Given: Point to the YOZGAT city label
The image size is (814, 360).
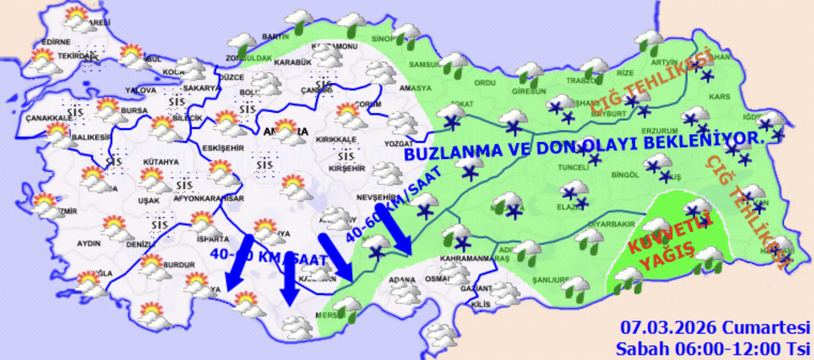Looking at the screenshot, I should pyautogui.click(x=399, y=144).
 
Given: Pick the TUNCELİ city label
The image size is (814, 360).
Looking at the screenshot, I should pyautogui.click(x=574, y=168).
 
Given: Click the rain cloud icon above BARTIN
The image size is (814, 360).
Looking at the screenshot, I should pyautogui.click(x=298, y=21).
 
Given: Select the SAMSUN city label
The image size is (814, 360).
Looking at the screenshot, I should pyautogui.click(x=424, y=64).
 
